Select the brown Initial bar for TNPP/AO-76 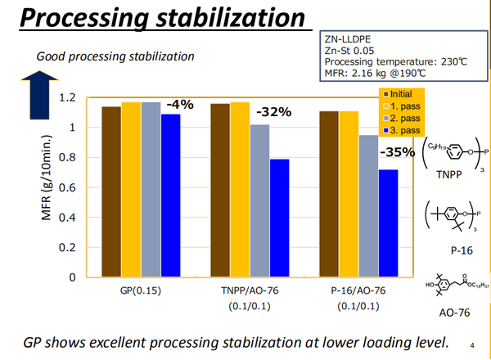[x=220, y=190]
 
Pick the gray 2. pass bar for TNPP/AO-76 [x=259, y=200]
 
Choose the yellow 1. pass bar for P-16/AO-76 [x=349, y=194]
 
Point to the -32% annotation [x=274, y=112]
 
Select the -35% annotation [x=397, y=152]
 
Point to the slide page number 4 [x=474, y=344]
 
